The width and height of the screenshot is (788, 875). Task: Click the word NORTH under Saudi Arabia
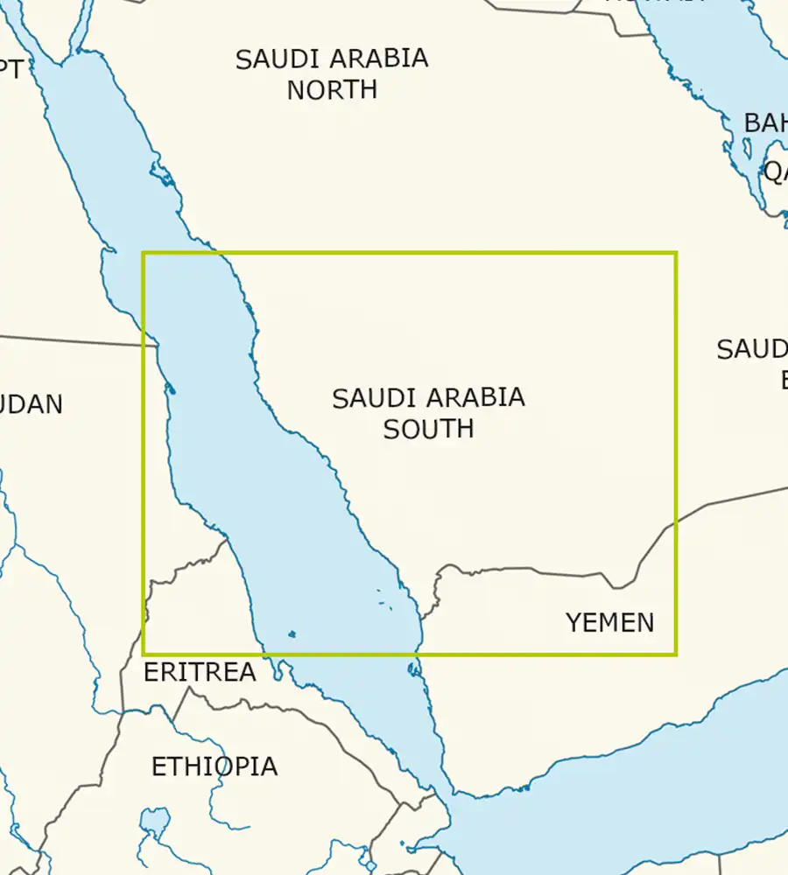click(332, 89)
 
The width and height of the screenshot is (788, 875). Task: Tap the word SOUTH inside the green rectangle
click(428, 429)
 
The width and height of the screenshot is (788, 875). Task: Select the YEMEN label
click(609, 623)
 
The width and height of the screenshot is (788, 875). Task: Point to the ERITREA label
click(200, 672)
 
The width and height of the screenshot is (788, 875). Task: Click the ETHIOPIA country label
click(215, 766)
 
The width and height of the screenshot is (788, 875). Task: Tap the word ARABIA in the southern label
click(479, 398)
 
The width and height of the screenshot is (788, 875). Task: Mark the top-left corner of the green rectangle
click(144, 254)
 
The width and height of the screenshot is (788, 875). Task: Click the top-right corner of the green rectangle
click(676, 254)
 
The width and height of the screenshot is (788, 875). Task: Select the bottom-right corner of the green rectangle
click(676, 654)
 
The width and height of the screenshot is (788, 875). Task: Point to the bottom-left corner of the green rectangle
click(144, 654)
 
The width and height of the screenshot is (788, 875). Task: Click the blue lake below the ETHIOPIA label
click(154, 822)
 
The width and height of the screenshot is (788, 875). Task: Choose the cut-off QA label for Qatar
click(776, 172)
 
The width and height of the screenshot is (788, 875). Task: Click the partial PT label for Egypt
click(12, 69)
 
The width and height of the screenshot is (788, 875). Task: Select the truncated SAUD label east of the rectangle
click(752, 350)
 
